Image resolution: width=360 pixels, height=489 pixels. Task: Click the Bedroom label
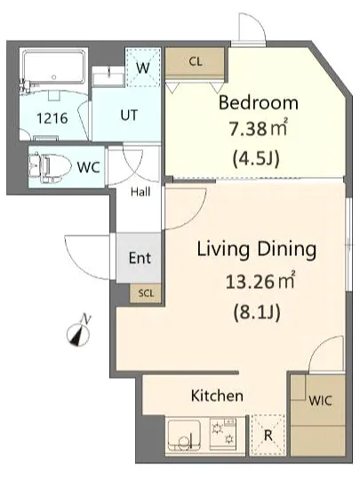point(258,103)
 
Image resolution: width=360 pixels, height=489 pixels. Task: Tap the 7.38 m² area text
point(258,128)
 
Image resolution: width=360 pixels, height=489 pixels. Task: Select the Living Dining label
point(257,250)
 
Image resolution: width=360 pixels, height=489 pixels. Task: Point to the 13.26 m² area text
point(260,281)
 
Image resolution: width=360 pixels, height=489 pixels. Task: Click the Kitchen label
point(217,396)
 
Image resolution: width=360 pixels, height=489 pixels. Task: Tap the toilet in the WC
point(47,166)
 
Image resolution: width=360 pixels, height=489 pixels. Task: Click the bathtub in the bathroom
point(54,68)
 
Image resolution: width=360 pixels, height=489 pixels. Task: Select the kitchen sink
point(184,435)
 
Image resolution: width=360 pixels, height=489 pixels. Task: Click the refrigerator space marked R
point(268,436)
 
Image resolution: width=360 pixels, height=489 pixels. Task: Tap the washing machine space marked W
point(143,68)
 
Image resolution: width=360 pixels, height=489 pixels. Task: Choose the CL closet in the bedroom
point(196,62)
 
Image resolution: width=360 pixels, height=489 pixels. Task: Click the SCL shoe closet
point(146,293)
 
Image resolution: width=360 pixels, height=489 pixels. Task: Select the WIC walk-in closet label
point(320,401)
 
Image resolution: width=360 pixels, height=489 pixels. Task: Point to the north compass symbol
point(79,332)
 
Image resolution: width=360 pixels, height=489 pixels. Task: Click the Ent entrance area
point(139,258)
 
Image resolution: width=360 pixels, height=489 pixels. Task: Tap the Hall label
point(140,192)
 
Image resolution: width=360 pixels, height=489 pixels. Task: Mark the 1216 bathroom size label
point(52,118)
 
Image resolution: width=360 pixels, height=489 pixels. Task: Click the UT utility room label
point(129,116)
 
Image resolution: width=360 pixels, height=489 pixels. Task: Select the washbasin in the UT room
point(108,76)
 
